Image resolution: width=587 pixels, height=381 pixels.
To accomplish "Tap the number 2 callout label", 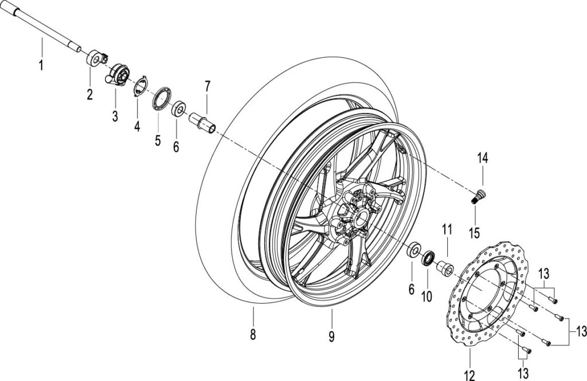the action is coord(90,94).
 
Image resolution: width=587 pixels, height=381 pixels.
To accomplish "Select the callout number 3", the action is coord(115,116).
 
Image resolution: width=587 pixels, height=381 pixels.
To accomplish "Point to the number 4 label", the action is coord(137,125).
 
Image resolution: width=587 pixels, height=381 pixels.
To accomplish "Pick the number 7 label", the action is coord(208,87).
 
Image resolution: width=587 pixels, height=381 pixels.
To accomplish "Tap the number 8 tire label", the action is coord(253,334).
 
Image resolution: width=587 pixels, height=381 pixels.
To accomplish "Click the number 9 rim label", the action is coord(332,336).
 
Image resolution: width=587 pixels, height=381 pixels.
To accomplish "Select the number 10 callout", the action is coord(426,296).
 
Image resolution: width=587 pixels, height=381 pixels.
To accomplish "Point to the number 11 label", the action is coord(447,229).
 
